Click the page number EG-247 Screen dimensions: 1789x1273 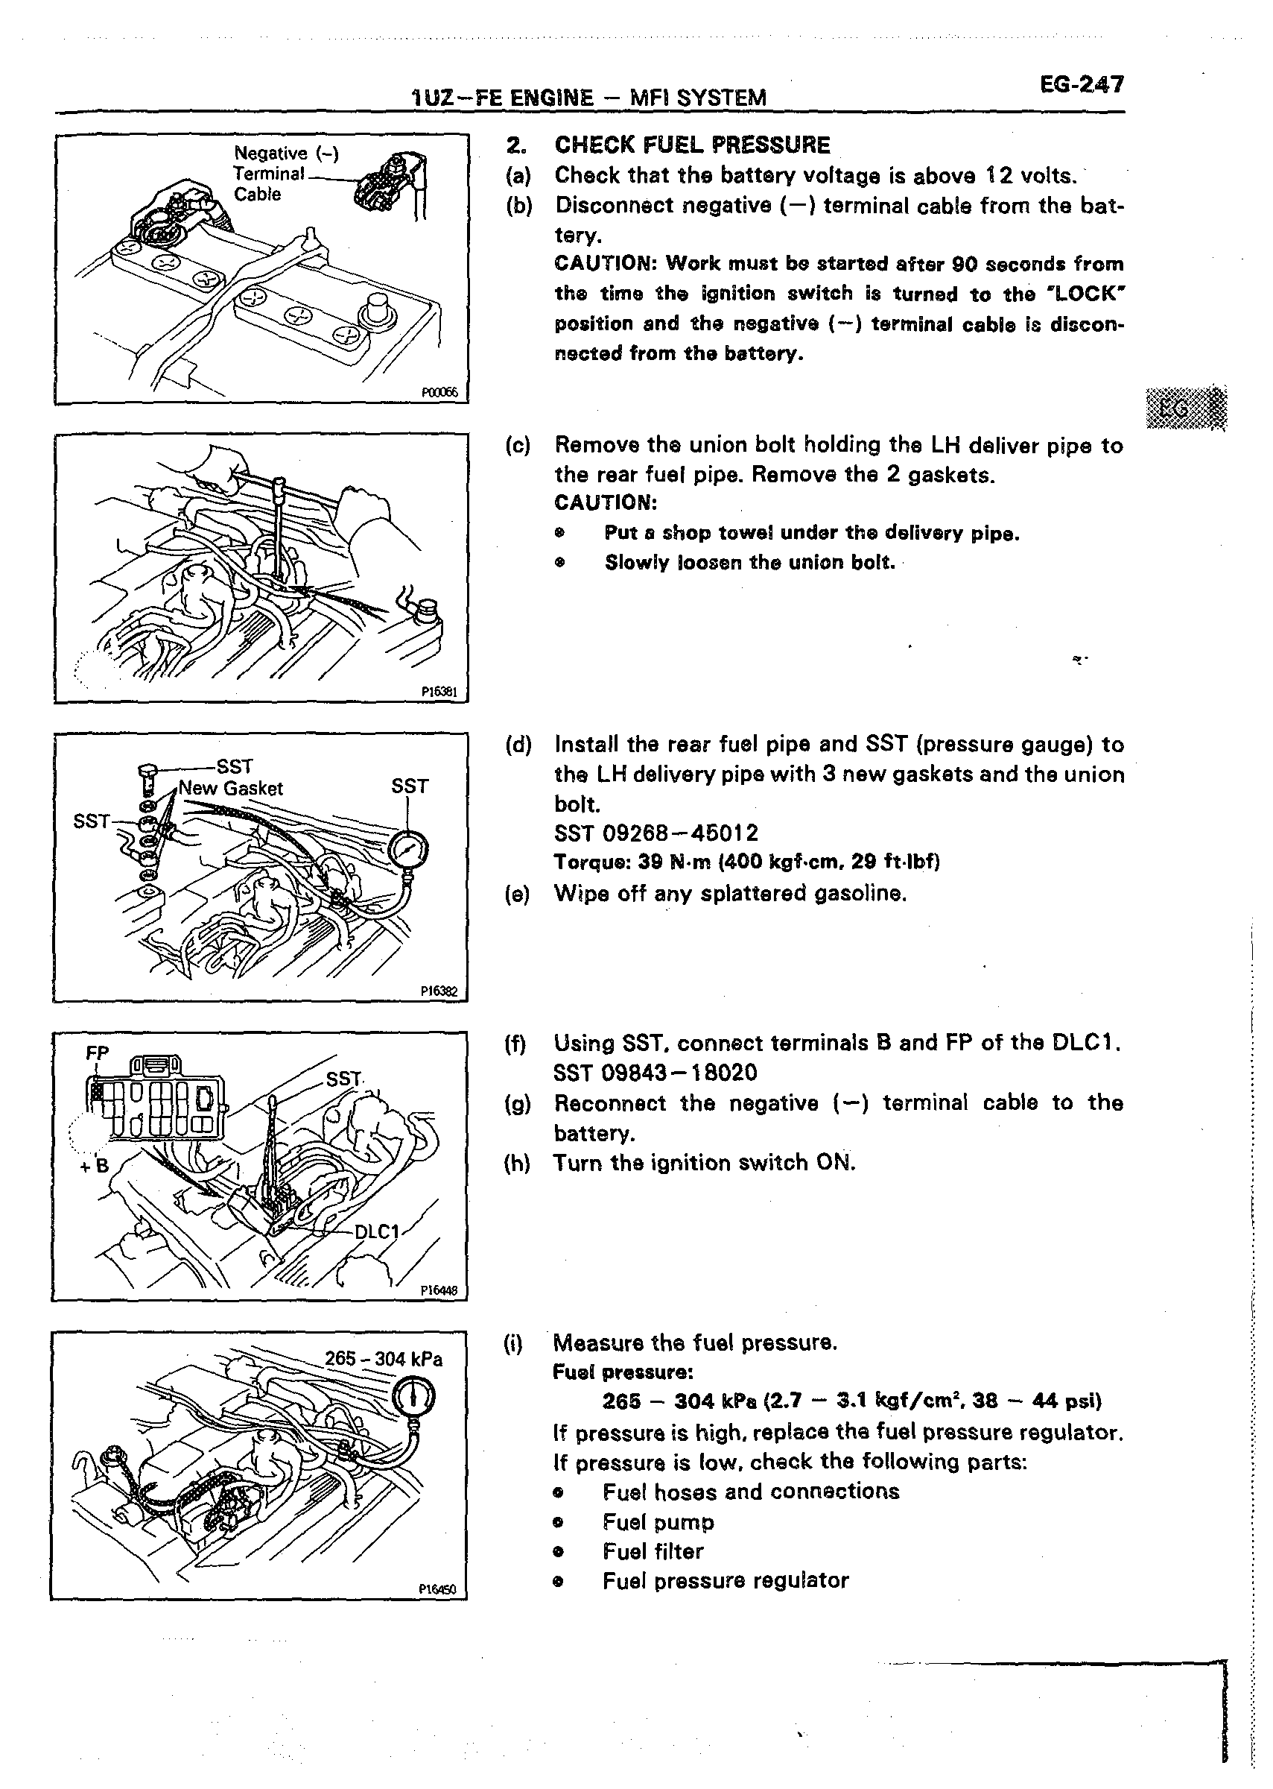(x=1081, y=85)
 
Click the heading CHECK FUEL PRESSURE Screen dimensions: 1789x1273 (x=692, y=145)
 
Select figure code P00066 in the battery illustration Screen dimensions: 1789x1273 (x=439, y=393)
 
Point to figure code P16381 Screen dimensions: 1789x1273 (x=439, y=692)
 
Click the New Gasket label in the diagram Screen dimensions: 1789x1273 (x=230, y=788)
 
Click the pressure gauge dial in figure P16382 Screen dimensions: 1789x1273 (x=410, y=851)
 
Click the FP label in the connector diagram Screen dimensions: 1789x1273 (x=97, y=1053)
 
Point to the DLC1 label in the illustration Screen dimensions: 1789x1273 (x=378, y=1231)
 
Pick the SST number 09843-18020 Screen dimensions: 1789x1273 (x=655, y=1072)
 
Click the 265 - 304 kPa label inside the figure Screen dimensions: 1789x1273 (x=384, y=1358)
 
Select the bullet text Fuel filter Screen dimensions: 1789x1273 (x=653, y=1550)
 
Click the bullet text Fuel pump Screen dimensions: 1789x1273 (x=658, y=1521)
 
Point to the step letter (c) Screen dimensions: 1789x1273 (x=518, y=446)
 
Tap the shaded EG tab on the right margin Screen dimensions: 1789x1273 (x=1185, y=408)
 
